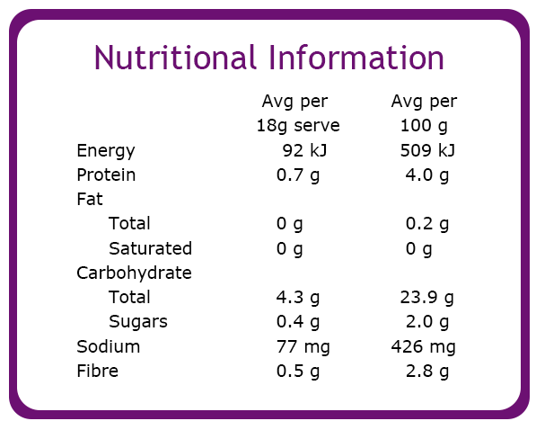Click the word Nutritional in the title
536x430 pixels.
coord(175,58)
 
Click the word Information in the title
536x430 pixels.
coord(356,58)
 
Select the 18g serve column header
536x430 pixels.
coord(298,126)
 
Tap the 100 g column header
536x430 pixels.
coord(424,126)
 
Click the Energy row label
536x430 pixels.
coord(106,151)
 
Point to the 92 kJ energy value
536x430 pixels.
coord(304,150)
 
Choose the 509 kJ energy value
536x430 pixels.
coord(427,150)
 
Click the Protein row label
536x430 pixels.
coord(106,175)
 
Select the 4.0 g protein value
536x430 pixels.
coord(427,175)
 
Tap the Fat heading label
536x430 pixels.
coord(90,199)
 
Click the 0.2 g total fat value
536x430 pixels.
coord(427,224)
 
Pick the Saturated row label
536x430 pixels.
coord(151,248)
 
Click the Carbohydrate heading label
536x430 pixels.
coord(134,273)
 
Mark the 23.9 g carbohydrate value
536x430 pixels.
coord(427,298)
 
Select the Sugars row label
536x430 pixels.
coord(138,322)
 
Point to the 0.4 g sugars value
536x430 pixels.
coord(298,322)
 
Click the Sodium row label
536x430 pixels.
coord(109,346)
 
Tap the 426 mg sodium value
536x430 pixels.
coord(424,347)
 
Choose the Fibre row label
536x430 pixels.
coord(98,371)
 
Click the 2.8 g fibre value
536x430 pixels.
coord(427,372)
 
